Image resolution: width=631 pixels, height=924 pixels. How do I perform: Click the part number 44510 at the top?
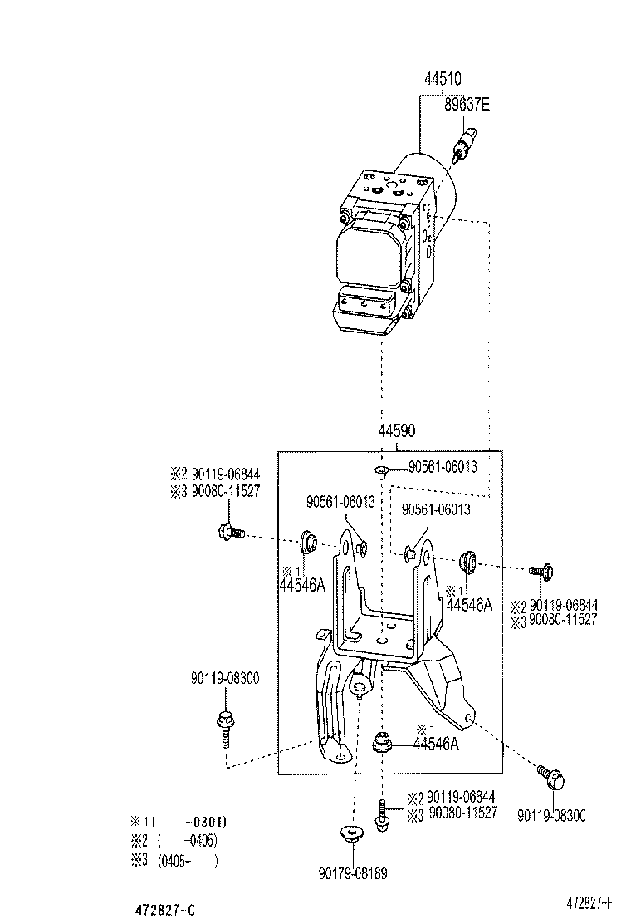[x=444, y=81]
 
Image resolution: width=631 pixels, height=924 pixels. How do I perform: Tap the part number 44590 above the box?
[x=397, y=431]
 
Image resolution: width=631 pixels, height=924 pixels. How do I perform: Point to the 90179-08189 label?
[x=352, y=873]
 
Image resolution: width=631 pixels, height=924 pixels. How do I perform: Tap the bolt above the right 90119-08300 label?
[x=551, y=778]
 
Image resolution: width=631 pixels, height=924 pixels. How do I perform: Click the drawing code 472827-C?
[x=166, y=910]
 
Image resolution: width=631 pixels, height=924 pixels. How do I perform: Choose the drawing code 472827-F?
[x=589, y=902]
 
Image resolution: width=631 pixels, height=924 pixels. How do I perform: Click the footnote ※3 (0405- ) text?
[x=174, y=862]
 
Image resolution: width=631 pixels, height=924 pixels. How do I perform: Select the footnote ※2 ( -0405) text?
[x=174, y=842]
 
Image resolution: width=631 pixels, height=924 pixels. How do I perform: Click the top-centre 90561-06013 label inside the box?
[x=443, y=467]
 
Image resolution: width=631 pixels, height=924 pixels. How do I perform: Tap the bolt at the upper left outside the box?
[x=227, y=532]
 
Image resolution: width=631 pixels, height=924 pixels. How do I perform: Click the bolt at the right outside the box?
[x=542, y=571]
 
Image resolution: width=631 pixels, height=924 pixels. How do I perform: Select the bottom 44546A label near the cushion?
[x=436, y=745]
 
